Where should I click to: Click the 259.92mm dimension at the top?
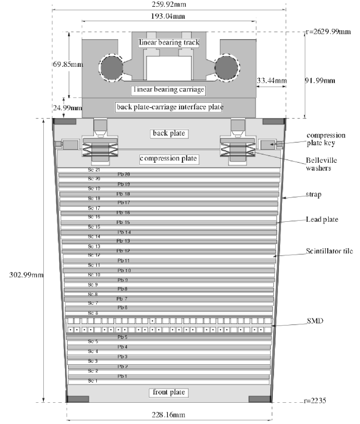(168, 4)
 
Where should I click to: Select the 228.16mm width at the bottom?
(169, 415)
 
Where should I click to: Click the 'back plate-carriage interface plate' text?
(169, 107)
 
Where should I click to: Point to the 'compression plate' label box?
(169, 159)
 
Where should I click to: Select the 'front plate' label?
(169, 392)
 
